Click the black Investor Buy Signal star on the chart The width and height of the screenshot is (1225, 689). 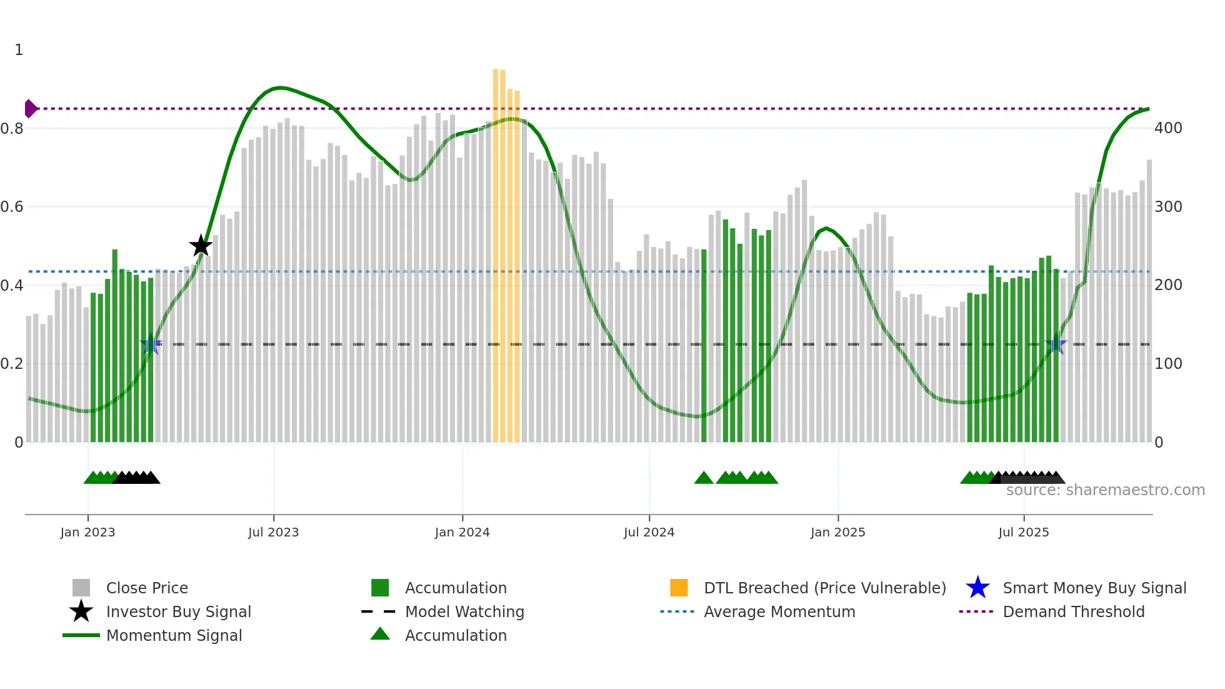coord(201,246)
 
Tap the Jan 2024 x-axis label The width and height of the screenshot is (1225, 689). coord(462,532)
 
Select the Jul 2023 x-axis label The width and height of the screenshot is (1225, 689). coord(273,532)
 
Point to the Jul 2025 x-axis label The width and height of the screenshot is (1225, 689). coord(1023,532)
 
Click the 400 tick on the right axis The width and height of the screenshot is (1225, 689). coord(1168,128)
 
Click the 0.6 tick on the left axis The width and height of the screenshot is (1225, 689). coord(12,207)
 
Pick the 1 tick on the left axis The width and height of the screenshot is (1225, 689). coord(19,50)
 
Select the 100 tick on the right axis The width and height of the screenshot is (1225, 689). coord(1168,363)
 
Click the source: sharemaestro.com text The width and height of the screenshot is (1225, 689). coord(1105,490)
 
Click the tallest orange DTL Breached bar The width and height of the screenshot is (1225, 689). coord(496,250)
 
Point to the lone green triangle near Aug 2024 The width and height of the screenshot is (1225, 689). coord(704,478)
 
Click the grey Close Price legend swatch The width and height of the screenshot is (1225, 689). coord(81,588)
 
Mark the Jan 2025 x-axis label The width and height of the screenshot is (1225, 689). coord(837,532)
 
